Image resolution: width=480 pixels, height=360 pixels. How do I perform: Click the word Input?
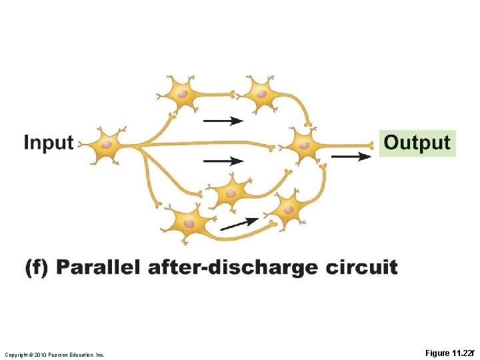48,143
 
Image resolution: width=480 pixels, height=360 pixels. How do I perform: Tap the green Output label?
417,143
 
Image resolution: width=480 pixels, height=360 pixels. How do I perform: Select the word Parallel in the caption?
98,268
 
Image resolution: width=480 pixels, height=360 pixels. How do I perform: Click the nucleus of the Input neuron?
107,143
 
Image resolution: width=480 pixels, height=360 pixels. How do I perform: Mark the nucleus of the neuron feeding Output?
304,144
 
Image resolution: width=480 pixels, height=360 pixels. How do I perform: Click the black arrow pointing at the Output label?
351,157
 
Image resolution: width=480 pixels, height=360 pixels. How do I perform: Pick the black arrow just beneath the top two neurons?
223,121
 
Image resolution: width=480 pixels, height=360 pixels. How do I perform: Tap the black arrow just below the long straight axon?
223,161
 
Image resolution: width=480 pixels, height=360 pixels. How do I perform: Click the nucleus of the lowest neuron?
189,223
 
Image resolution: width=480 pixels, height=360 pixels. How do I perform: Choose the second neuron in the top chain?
262,94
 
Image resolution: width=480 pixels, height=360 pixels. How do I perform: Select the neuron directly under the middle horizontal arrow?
231,193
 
